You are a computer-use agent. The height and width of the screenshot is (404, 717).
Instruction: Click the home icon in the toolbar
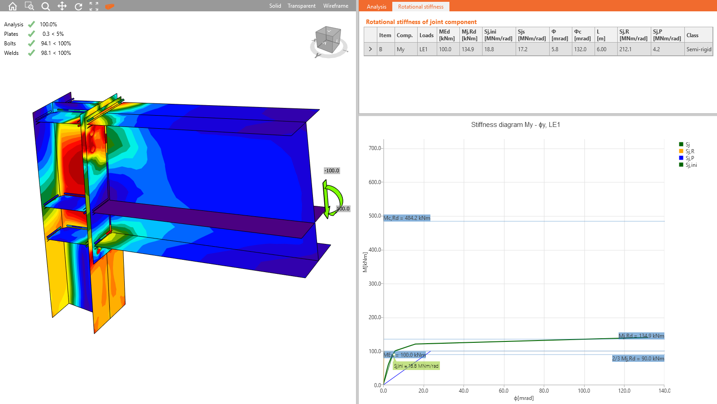[x=13, y=6]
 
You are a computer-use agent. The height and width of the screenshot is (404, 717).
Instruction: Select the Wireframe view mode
[x=336, y=6]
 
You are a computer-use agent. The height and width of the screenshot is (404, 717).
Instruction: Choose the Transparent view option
[x=301, y=6]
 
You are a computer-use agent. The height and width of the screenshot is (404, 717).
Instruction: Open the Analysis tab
[x=376, y=7]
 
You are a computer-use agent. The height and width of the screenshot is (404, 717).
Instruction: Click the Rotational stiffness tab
[x=420, y=7]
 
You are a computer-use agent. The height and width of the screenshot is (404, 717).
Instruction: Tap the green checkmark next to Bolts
[x=31, y=43]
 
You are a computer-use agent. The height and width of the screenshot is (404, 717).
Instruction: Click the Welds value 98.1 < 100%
[x=56, y=53]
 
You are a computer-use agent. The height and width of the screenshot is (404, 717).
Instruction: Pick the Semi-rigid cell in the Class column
[x=699, y=49]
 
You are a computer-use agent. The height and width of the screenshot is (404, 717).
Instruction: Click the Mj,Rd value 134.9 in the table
[x=468, y=49]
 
